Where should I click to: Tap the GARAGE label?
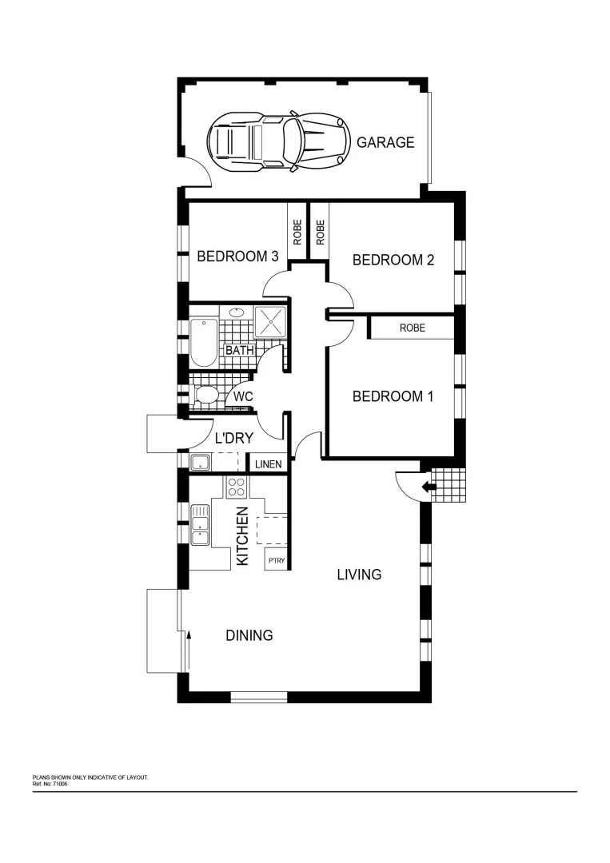[385, 143]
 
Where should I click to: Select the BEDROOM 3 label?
[237, 257]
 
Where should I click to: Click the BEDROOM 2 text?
[393, 260]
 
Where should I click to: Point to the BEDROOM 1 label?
[393, 396]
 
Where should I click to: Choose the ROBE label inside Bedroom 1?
[412, 328]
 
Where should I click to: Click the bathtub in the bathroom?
[204, 343]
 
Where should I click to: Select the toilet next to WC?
[205, 395]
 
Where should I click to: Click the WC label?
[244, 396]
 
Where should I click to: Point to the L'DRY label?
[234, 438]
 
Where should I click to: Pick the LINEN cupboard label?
[267, 464]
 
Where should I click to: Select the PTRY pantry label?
[276, 561]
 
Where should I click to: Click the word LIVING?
[359, 575]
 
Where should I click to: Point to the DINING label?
[249, 636]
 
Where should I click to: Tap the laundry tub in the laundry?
[200, 462]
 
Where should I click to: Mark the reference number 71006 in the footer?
[57, 785]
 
